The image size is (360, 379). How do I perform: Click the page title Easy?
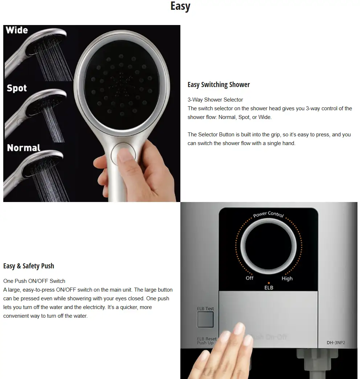pyautogui.click(x=180, y=7)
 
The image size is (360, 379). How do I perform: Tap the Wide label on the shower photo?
pyautogui.click(x=17, y=30)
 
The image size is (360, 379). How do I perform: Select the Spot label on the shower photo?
pyautogui.click(x=17, y=88)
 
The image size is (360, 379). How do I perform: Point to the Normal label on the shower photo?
pyautogui.click(x=24, y=148)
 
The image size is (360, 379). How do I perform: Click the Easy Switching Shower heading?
pyautogui.click(x=218, y=85)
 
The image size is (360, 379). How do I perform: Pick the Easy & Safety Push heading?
pyautogui.click(x=29, y=266)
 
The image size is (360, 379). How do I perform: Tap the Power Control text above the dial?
pyautogui.click(x=269, y=214)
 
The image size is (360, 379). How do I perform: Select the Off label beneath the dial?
pyautogui.click(x=249, y=278)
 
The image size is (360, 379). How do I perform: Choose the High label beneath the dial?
pyautogui.click(x=287, y=279)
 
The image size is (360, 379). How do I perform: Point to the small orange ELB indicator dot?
pyautogui.click(x=269, y=283)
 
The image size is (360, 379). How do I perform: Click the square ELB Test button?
pyautogui.click(x=205, y=319)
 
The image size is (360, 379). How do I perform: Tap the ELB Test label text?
pyautogui.click(x=205, y=309)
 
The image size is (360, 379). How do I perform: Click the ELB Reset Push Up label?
pyautogui.click(x=206, y=341)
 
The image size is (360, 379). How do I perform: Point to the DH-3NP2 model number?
pyautogui.click(x=336, y=342)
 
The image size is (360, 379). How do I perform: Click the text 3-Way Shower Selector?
pyautogui.click(x=215, y=100)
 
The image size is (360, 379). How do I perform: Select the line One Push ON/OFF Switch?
pyautogui.click(x=34, y=281)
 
